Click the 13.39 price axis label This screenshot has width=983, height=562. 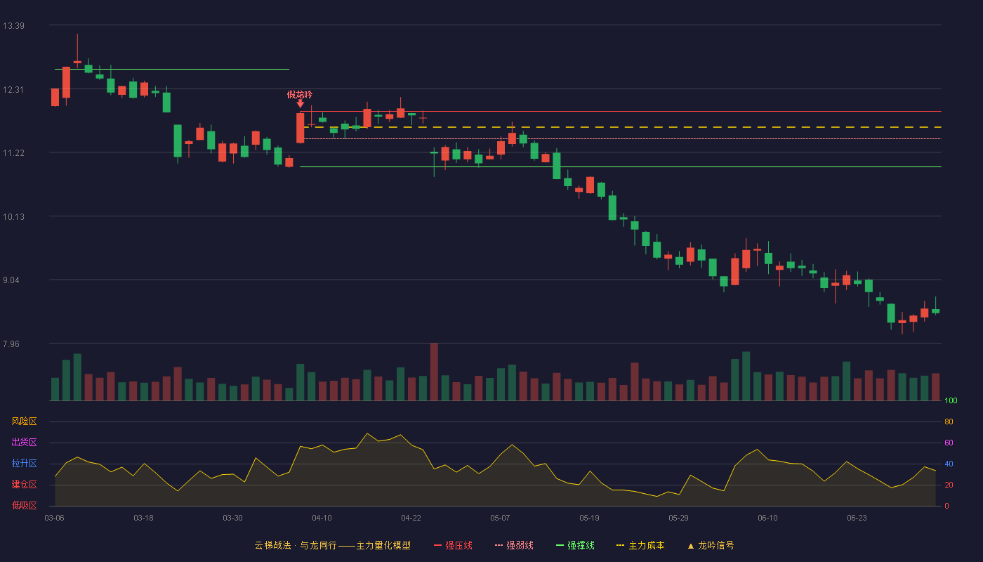pos(13,26)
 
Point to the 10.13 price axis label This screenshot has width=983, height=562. pos(13,217)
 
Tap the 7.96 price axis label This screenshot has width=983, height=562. pos(11,344)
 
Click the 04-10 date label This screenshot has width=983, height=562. pos(322,518)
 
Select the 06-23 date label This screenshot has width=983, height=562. pos(857,518)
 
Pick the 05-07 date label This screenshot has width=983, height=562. pos(500,518)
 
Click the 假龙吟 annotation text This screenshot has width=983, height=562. pos(300,94)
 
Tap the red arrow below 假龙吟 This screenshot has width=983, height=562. pos(301,104)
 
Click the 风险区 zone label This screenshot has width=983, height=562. pos(24,421)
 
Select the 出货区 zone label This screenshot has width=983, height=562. pos(24,442)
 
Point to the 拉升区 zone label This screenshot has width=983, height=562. pos(24,463)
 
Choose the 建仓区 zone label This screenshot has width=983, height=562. pos(24,484)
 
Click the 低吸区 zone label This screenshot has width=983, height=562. pos(24,505)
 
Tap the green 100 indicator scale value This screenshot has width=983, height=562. pos(951,400)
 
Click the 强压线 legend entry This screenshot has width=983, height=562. pos(453,545)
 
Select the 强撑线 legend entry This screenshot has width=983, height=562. pos(575,545)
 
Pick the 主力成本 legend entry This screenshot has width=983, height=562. pos(640,545)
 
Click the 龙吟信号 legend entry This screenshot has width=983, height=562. pos(711,545)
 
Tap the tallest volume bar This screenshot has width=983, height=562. pos(434,372)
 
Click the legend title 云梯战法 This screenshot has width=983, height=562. pos(273,545)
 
